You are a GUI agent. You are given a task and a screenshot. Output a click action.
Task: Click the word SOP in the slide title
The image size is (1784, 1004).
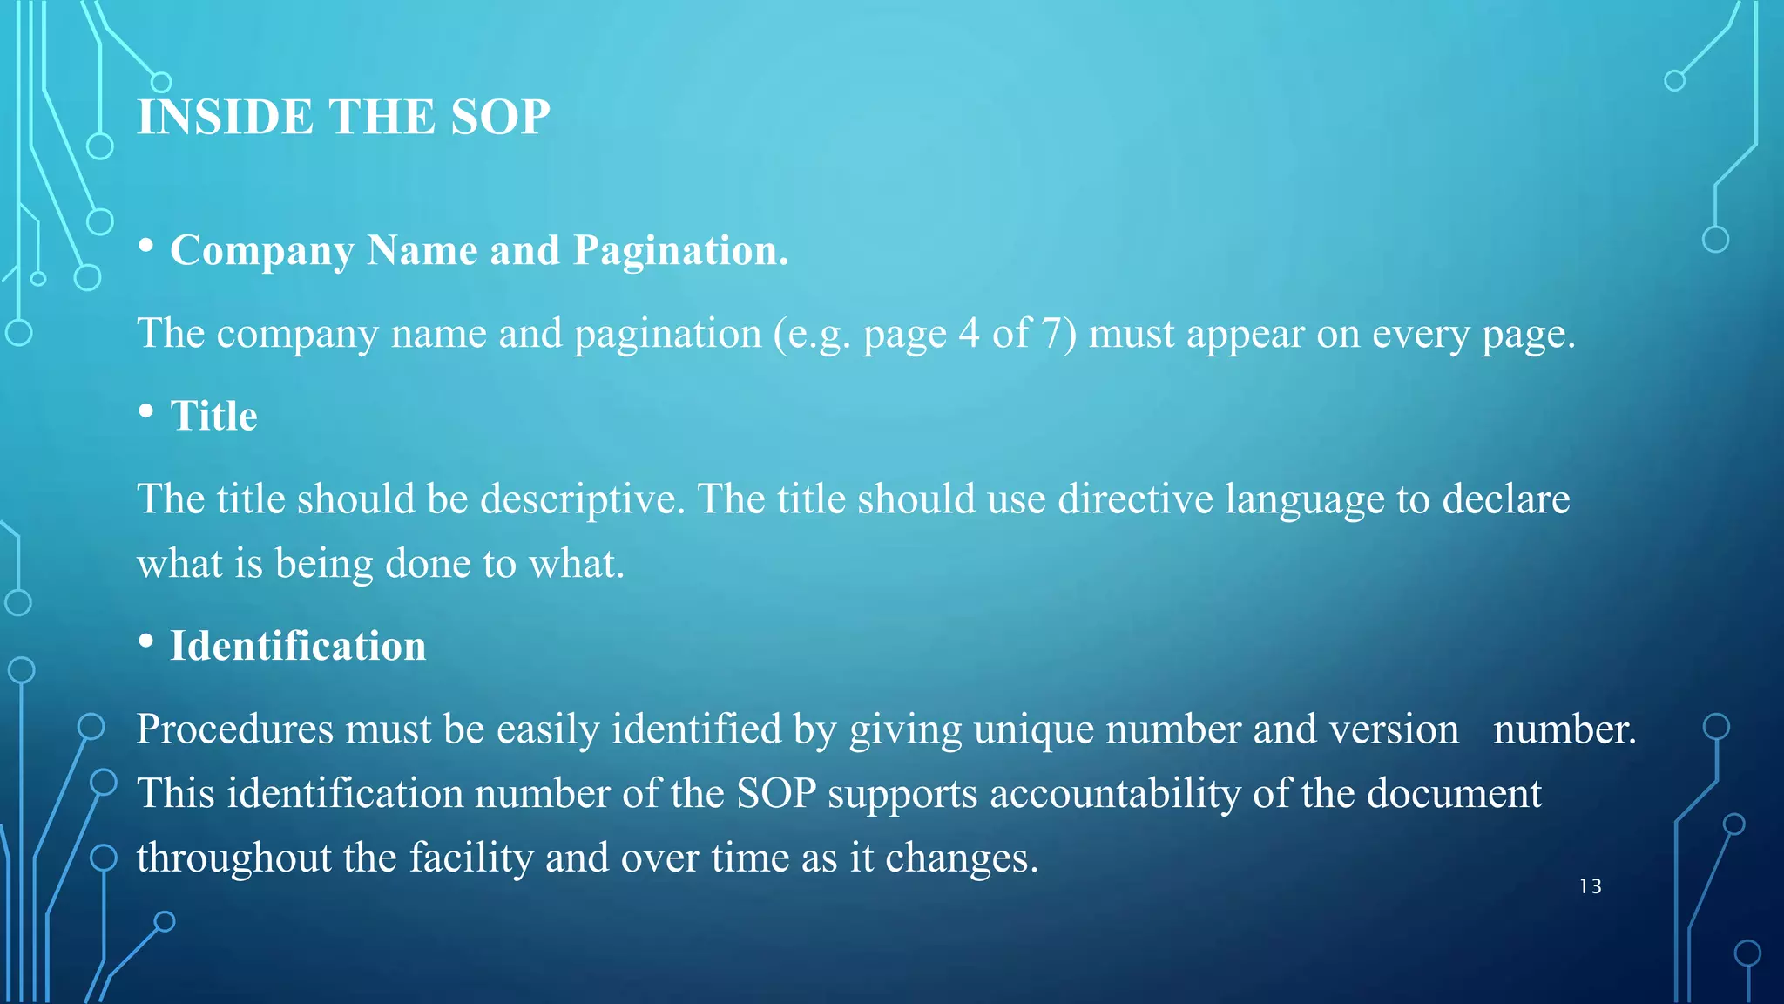click(x=500, y=117)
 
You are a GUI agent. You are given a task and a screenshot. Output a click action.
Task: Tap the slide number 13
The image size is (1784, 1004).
click(x=1591, y=886)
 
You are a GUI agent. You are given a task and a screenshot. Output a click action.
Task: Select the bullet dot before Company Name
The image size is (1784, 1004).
click(x=146, y=247)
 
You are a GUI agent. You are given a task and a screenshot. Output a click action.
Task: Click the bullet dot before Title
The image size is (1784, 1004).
click(x=146, y=410)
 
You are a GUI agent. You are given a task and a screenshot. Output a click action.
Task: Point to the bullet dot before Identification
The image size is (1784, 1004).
click(x=146, y=641)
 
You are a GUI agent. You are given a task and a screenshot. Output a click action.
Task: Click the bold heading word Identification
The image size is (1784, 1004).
click(x=298, y=646)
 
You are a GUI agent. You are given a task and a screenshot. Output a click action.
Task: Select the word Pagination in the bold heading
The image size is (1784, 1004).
click(x=680, y=251)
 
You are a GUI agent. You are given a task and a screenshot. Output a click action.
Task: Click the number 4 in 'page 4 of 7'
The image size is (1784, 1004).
click(x=969, y=333)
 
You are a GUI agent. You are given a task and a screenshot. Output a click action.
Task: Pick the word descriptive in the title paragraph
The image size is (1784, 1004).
click(x=582, y=499)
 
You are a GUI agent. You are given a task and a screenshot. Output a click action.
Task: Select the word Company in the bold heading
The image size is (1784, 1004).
click(x=262, y=251)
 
